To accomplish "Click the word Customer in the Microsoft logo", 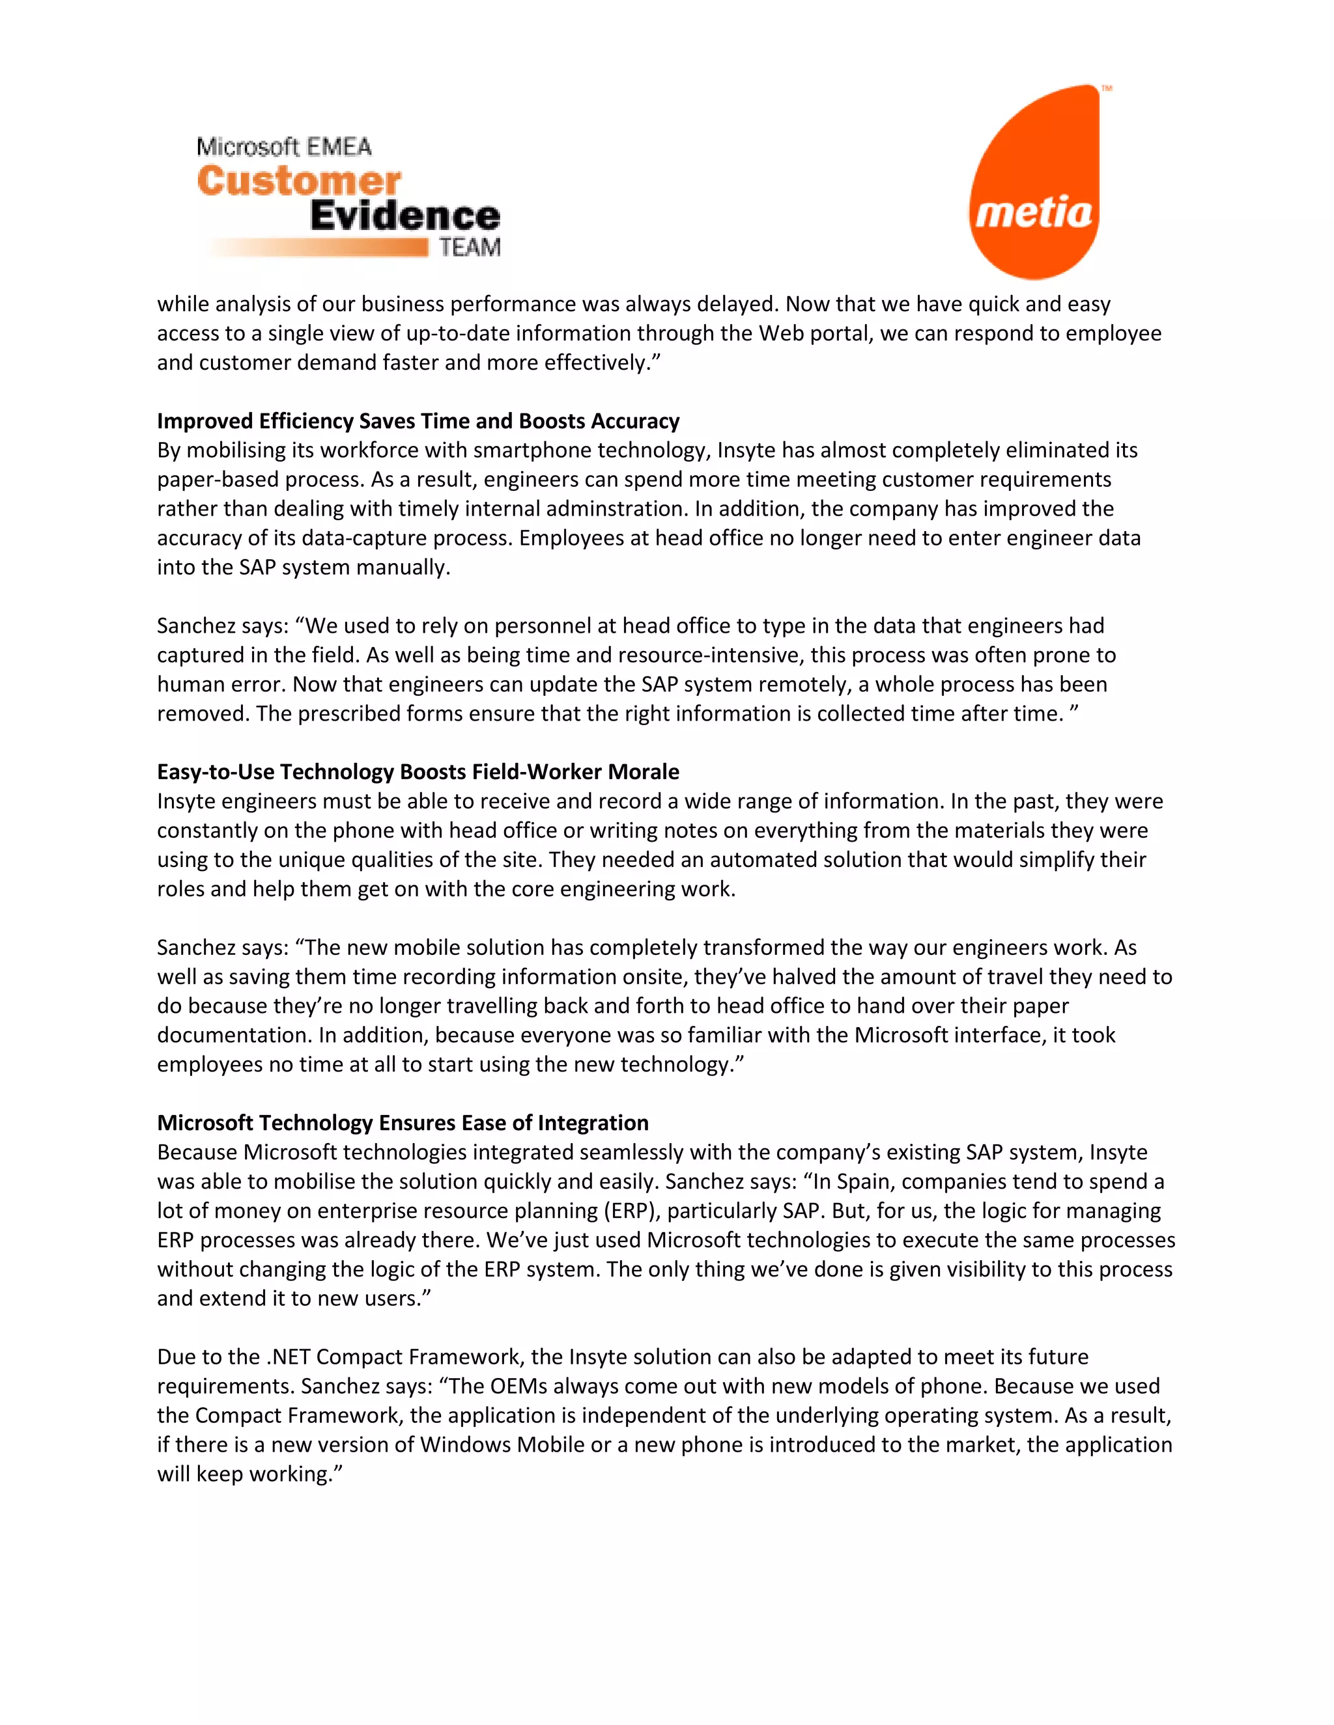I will point(299,182).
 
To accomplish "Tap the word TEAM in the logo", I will point(470,248).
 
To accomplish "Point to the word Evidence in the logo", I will point(404,215).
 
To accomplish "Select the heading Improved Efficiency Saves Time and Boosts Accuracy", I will point(418,421).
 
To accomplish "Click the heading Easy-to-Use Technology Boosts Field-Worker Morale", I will point(418,771).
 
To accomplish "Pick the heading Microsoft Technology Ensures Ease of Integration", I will point(403,1122).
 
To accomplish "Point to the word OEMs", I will point(521,1385).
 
